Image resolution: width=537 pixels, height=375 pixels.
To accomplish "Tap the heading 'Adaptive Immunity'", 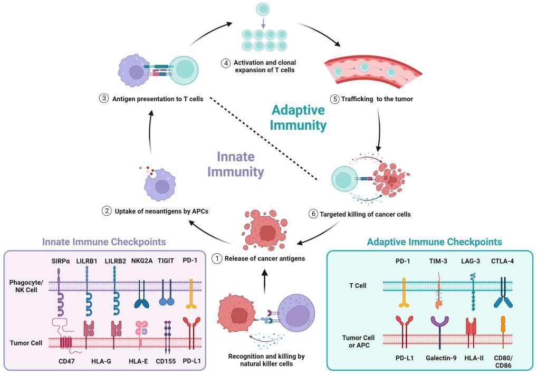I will coord(299,117).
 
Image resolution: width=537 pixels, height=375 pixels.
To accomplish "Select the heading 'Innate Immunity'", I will coord(236,164).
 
